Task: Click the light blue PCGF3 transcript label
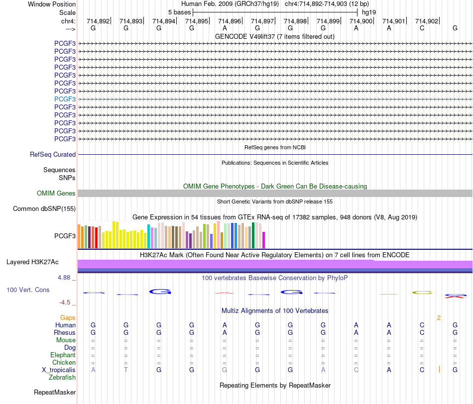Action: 65,99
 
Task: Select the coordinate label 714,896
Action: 230,21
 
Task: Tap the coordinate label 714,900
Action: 361,21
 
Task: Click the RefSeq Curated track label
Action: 53,154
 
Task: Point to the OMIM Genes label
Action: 56,193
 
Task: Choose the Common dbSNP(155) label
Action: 44,208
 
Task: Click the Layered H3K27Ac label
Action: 32,262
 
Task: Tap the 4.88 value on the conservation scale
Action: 64,277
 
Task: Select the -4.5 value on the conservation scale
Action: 65,303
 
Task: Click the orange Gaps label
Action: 68,317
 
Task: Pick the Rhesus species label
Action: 65,332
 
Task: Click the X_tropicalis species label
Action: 59,370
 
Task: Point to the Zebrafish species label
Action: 62,378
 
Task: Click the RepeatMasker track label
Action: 55,392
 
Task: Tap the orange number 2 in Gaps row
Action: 439,318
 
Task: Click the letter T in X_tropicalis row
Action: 126,370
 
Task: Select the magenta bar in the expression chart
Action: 264,240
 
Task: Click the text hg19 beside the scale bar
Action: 369,12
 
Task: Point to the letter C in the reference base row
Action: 422,28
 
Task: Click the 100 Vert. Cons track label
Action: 28,290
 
